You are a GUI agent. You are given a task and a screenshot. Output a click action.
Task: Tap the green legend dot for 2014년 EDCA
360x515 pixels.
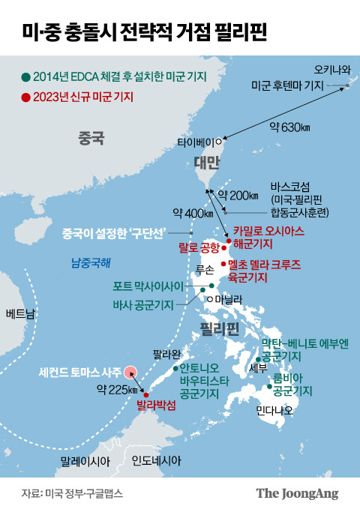point(27,77)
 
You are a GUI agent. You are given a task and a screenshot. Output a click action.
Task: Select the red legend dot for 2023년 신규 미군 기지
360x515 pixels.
point(27,97)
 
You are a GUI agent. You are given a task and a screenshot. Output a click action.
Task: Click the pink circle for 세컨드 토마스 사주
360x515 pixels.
point(130,371)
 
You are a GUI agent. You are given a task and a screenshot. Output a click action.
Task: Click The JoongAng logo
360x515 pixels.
point(298,493)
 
